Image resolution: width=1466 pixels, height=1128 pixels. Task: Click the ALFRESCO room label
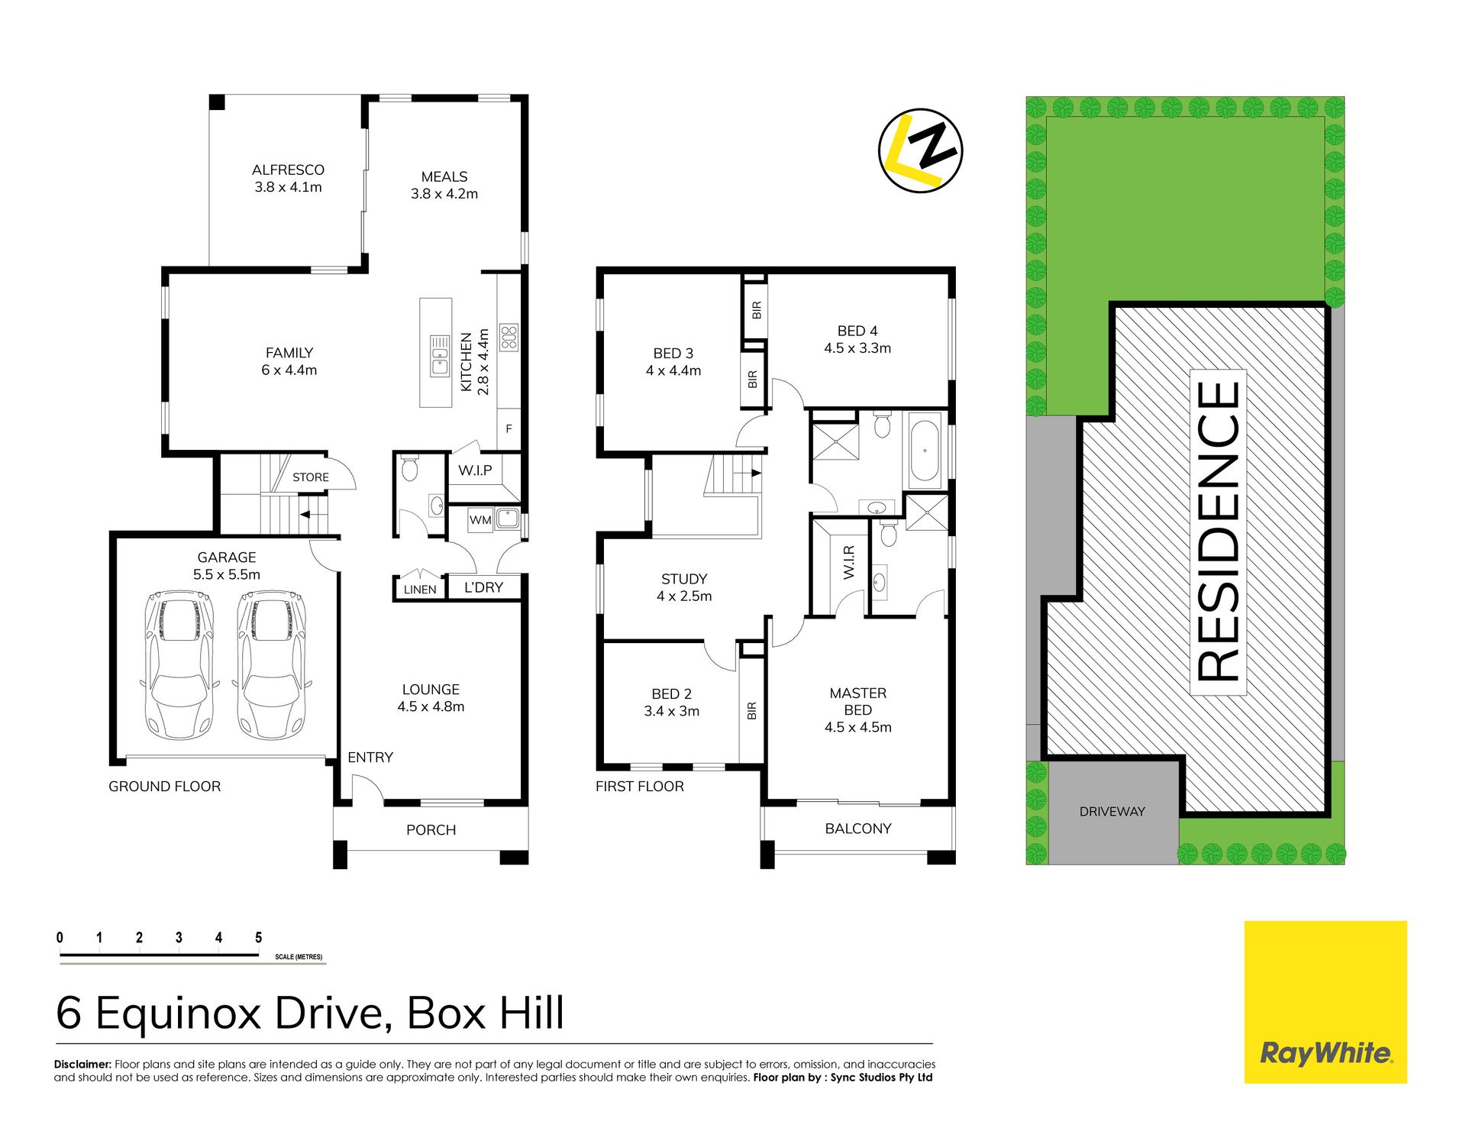pos(288,170)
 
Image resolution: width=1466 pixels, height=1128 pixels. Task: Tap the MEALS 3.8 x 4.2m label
pos(444,185)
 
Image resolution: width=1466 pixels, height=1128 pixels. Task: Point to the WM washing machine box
pos(480,520)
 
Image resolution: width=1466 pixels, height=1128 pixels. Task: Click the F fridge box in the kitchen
pos(509,429)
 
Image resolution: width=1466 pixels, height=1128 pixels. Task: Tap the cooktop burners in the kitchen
pos(509,338)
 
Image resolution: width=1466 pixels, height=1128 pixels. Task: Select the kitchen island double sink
pos(440,355)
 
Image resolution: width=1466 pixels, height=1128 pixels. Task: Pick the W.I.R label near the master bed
pos(849,562)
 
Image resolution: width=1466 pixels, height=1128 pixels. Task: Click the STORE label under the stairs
pos(311,477)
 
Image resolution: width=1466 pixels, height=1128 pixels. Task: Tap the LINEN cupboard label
pos(420,590)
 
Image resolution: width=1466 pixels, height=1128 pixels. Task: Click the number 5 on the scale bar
pos(259,937)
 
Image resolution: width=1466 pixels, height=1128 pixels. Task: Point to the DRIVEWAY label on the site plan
pos(1112,812)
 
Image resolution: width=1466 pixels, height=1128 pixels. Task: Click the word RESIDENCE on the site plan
pos(1219,532)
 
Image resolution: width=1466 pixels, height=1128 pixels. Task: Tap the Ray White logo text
pos(1326,1054)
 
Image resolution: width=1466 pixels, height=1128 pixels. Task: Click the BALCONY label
pos(858,829)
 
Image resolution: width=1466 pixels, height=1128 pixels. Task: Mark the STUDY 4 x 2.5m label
pos(684,587)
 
